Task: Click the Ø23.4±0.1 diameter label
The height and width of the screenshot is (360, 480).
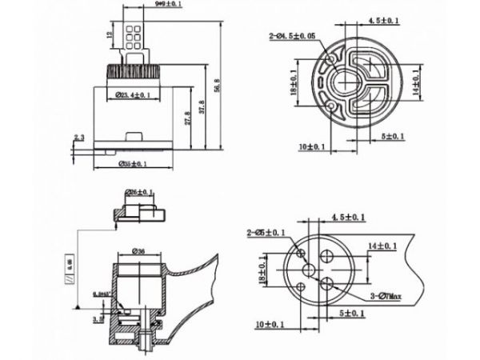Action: tap(129, 96)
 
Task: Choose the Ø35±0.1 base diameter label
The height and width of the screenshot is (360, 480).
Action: tap(133, 165)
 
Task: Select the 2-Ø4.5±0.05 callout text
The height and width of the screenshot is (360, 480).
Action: tap(292, 35)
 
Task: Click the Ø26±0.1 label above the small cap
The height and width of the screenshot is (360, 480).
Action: tap(139, 193)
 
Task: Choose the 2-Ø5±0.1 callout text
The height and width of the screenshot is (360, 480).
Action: tap(266, 233)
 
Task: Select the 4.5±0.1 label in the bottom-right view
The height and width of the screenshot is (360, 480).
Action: tap(348, 217)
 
